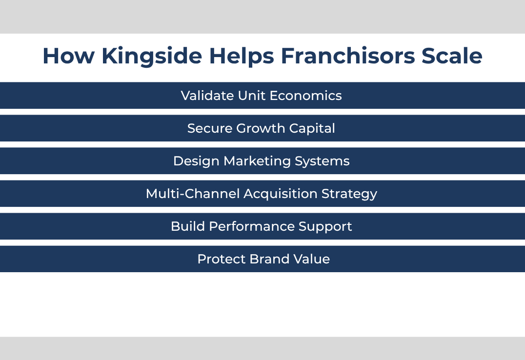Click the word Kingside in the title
(x=152, y=57)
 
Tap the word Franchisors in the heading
(x=348, y=56)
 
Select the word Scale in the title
(x=452, y=56)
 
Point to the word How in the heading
(x=69, y=56)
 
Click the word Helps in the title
(x=242, y=57)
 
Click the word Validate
(x=207, y=96)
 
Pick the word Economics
(x=306, y=96)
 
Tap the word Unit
(x=252, y=96)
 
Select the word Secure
(x=210, y=128)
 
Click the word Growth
(x=261, y=128)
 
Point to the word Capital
(x=312, y=129)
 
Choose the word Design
(x=196, y=161)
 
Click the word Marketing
(x=257, y=161)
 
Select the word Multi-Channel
(x=193, y=194)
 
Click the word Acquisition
(x=281, y=194)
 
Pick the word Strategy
(x=349, y=194)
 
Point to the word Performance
(x=252, y=226)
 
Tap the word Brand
(x=269, y=259)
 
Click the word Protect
(x=222, y=259)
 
